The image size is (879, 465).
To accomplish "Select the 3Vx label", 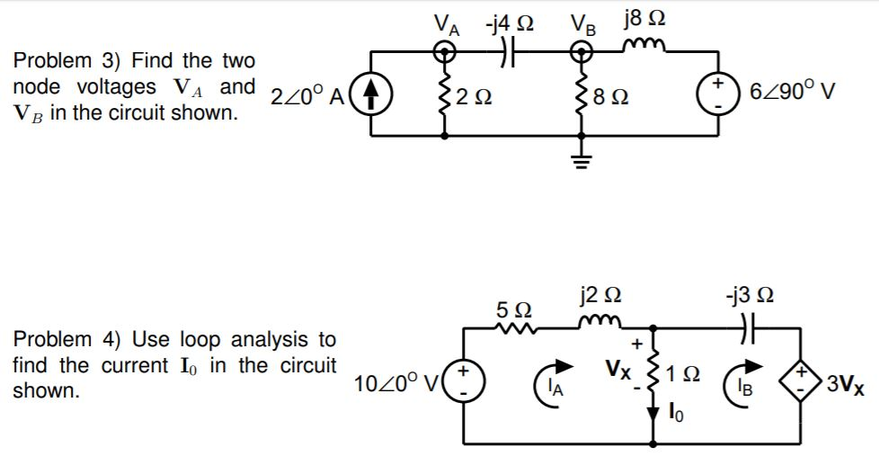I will (845, 388).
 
